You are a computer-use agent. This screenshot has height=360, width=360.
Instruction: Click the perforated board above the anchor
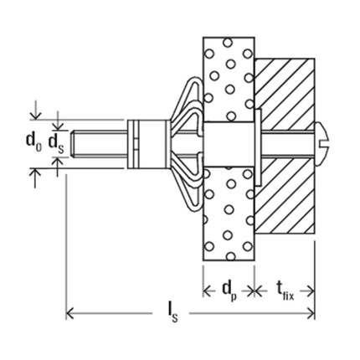coord(226,75)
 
